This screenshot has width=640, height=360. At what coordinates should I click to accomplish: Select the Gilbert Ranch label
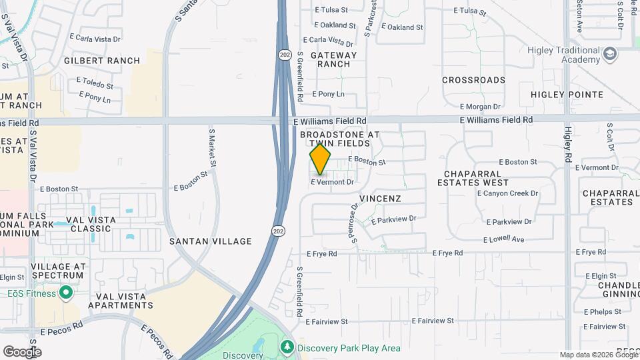tap(102, 61)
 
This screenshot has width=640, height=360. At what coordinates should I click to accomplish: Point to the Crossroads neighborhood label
tap(474, 80)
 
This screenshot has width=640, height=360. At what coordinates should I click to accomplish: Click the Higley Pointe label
tap(567, 95)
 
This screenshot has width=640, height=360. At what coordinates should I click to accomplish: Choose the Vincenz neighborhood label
tap(380, 199)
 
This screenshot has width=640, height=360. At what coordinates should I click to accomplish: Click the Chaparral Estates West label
tap(473, 178)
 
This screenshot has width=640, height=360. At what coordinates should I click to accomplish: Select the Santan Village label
tap(210, 241)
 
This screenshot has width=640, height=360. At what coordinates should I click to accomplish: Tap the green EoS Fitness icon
tap(66, 293)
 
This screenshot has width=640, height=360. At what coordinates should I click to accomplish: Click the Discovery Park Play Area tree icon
tap(287, 347)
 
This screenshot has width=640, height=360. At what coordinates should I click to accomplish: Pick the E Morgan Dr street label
tap(480, 107)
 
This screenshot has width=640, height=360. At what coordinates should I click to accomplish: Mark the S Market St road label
tap(213, 148)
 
